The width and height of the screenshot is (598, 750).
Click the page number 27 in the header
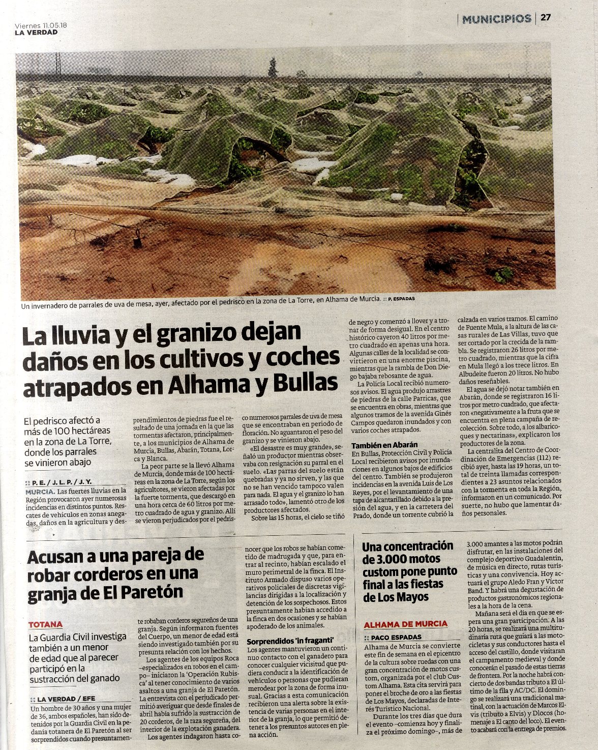click(546, 18)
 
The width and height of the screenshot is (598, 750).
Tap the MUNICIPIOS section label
click(496, 19)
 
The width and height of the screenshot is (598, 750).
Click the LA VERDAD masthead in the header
click(36, 33)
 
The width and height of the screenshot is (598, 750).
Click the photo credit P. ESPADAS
click(401, 299)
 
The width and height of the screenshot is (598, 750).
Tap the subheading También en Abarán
click(384, 445)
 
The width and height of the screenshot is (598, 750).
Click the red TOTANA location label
click(46, 624)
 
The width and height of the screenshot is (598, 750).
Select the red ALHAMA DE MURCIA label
click(405, 624)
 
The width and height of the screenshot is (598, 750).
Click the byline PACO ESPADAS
click(396, 637)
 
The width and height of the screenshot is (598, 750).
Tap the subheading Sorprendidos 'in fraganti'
click(290, 641)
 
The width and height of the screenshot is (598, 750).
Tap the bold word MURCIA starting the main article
click(40, 492)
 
